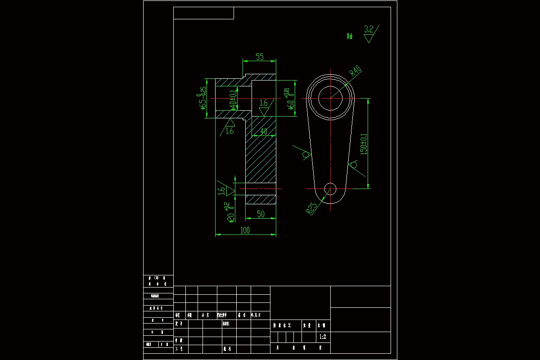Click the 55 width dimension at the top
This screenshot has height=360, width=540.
260,57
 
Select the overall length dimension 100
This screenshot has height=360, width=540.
245,230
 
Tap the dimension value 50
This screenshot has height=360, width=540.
261,214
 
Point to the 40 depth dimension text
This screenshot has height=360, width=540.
263,131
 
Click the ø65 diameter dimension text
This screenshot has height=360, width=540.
203,98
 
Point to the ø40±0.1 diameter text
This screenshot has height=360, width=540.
233,99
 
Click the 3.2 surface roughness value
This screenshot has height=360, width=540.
369,30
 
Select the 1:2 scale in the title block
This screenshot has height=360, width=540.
322,337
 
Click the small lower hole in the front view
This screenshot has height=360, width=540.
330,189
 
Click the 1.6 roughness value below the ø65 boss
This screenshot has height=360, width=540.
229,131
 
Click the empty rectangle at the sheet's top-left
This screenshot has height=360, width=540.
203,13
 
